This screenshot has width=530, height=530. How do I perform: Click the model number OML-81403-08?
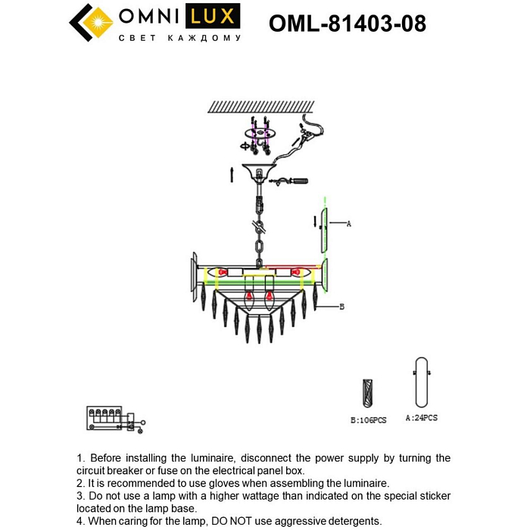click(347, 24)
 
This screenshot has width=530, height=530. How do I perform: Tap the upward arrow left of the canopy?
click(232, 173)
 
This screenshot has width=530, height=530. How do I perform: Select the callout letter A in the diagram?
click(348, 224)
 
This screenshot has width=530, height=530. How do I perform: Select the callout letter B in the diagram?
click(342, 307)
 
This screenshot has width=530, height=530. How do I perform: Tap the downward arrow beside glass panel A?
click(314, 221)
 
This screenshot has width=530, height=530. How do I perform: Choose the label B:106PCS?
click(368, 419)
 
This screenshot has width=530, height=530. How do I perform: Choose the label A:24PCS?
click(421, 417)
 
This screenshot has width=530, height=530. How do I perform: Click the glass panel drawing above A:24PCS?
click(420, 383)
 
